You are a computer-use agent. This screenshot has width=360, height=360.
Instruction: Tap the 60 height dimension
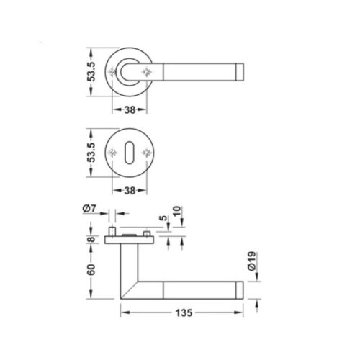click(90, 271)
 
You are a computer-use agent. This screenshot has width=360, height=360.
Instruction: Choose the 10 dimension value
click(177, 213)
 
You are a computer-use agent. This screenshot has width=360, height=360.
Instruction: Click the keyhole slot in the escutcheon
click(130, 152)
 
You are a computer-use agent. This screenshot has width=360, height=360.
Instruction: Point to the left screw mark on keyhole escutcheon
click(113, 152)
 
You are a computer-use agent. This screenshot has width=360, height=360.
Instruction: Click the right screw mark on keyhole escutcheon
click(148, 152)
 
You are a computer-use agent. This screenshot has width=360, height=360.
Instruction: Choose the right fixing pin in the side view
click(148, 236)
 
